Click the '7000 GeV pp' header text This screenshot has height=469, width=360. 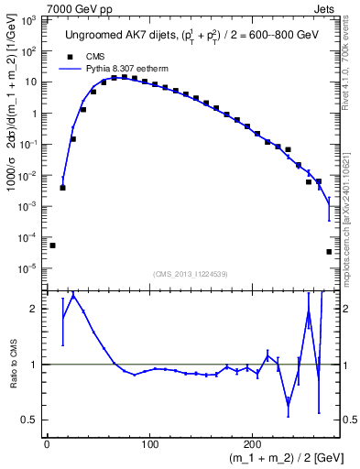click(78, 8)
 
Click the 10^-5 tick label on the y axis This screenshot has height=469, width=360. click(28, 268)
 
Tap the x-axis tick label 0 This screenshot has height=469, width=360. click(47, 446)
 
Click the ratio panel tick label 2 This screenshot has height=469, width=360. click(37, 309)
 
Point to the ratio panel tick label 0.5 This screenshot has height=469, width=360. click(32, 420)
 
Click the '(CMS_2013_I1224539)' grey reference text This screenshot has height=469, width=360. click(191, 272)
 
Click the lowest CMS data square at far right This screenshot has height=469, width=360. click(329, 252)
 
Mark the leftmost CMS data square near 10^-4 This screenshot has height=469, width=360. click(52, 245)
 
